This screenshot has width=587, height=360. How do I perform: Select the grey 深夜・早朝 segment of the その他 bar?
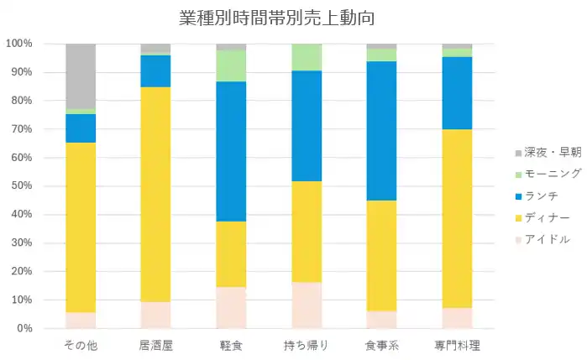tap(81, 76)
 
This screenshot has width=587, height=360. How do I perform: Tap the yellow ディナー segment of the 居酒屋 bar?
tap(155, 195)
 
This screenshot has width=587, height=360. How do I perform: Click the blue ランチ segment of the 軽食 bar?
tap(231, 151)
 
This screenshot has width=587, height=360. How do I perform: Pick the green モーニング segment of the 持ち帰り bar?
tap(307, 57)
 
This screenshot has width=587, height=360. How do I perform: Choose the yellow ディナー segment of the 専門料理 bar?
tap(457, 218)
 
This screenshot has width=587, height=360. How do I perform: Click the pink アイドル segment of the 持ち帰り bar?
tap(307, 305)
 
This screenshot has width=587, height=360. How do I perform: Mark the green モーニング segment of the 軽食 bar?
tap(231, 65)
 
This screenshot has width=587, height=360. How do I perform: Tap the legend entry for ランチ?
tap(541, 196)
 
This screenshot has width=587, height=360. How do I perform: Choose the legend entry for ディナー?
tap(544, 217)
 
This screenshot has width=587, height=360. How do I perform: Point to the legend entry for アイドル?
tap(544, 239)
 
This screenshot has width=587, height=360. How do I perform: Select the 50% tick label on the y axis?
tap(21, 186)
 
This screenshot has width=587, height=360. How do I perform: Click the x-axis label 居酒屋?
tap(155, 345)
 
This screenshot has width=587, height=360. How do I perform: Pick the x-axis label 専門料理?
tap(457, 345)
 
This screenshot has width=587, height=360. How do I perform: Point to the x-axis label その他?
tap(81, 345)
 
